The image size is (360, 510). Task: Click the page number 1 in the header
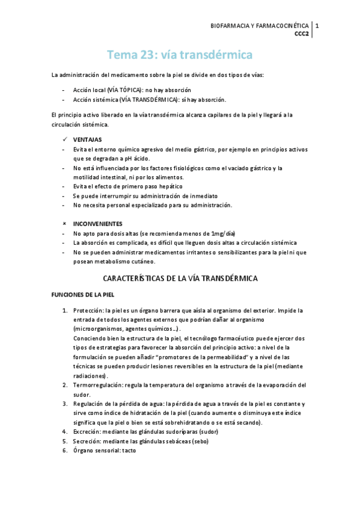pyautogui.click(x=317, y=26)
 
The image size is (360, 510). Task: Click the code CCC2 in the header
pyautogui.click(x=301, y=34)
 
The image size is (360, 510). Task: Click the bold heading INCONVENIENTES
pyautogui.click(x=97, y=223)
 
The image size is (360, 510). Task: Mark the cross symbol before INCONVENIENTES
pyautogui.click(x=64, y=223)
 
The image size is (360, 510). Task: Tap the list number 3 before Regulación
pyautogui.click(x=65, y=404)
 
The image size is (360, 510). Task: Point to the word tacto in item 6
pyautogui.click(x=129, y=450)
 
